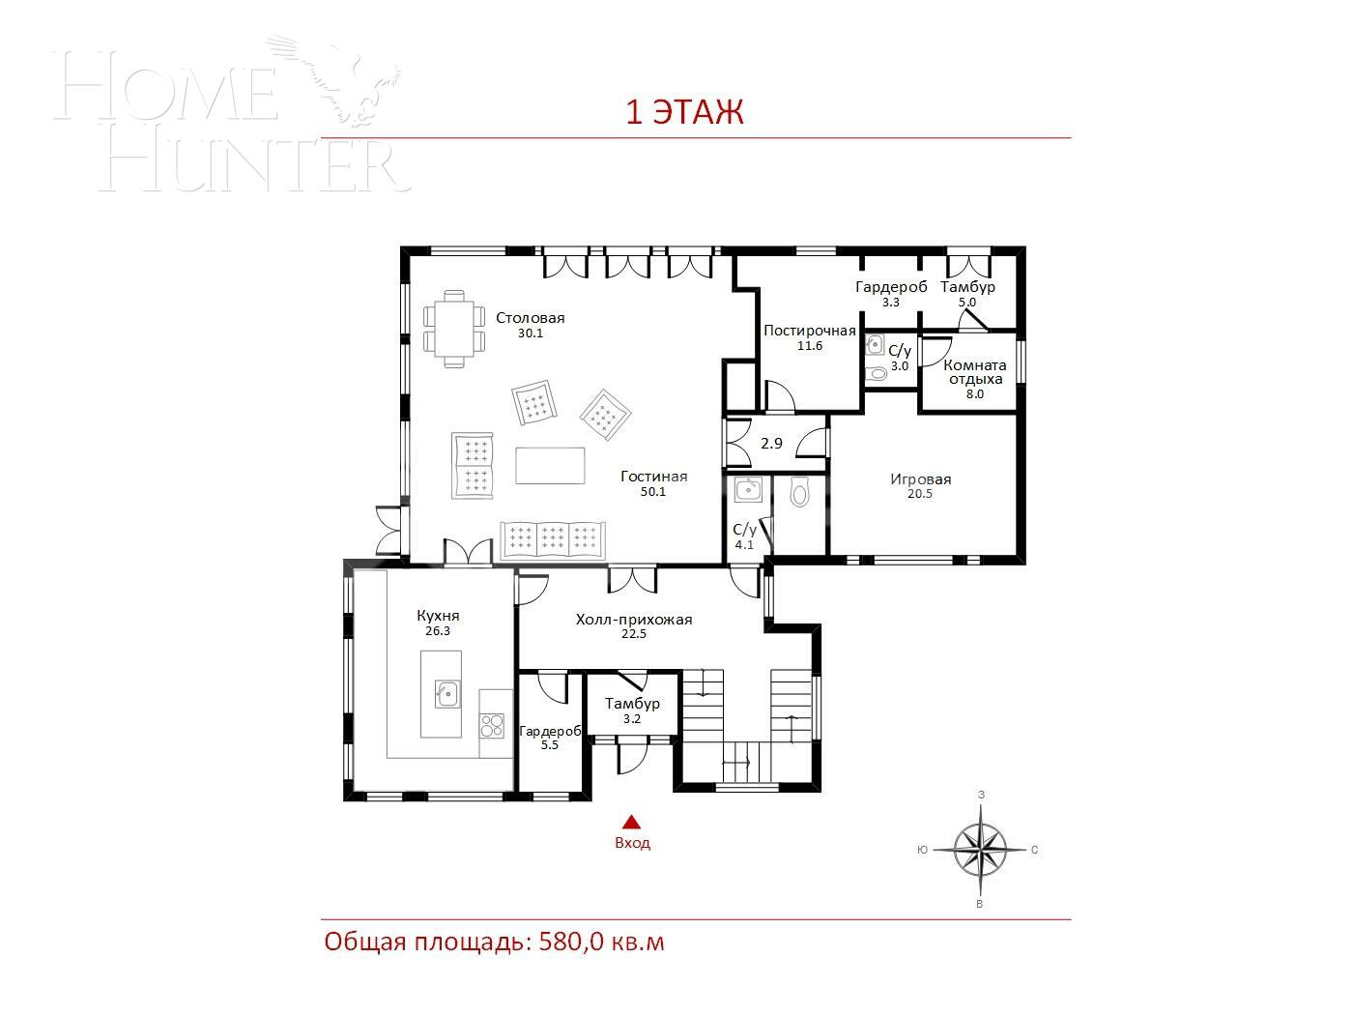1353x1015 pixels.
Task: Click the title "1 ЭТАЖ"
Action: click(684, 112)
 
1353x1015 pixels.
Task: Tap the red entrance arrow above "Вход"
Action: click(632, 823)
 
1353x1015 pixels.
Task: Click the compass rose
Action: click(980, 850)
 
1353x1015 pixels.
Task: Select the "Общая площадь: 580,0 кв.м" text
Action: click(494, 942)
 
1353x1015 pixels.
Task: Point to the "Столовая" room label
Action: click(530, 318)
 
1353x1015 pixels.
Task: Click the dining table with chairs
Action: click(453, 329)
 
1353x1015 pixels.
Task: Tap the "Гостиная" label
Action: click(653, 477)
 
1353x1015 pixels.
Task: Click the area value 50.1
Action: click(653, 492)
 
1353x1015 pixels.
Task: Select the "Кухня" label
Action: click(438, 616)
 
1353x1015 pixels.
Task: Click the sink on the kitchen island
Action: click(446, 692)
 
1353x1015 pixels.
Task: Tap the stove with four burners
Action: click(493, 725)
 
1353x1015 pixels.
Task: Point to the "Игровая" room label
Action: click(920, 479)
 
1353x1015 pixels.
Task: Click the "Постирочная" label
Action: click(809, 331)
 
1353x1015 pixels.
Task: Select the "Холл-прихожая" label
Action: click(633, 620)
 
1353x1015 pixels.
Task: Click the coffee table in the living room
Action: click(550, 464)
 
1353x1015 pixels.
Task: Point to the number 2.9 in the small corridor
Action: click(771, 444)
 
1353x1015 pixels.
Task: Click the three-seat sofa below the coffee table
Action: click(552, 540)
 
